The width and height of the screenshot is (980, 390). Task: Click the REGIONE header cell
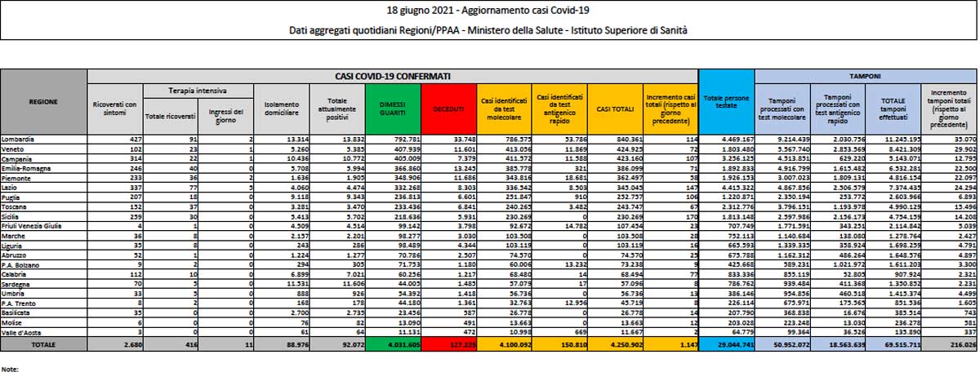(43, 101)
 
